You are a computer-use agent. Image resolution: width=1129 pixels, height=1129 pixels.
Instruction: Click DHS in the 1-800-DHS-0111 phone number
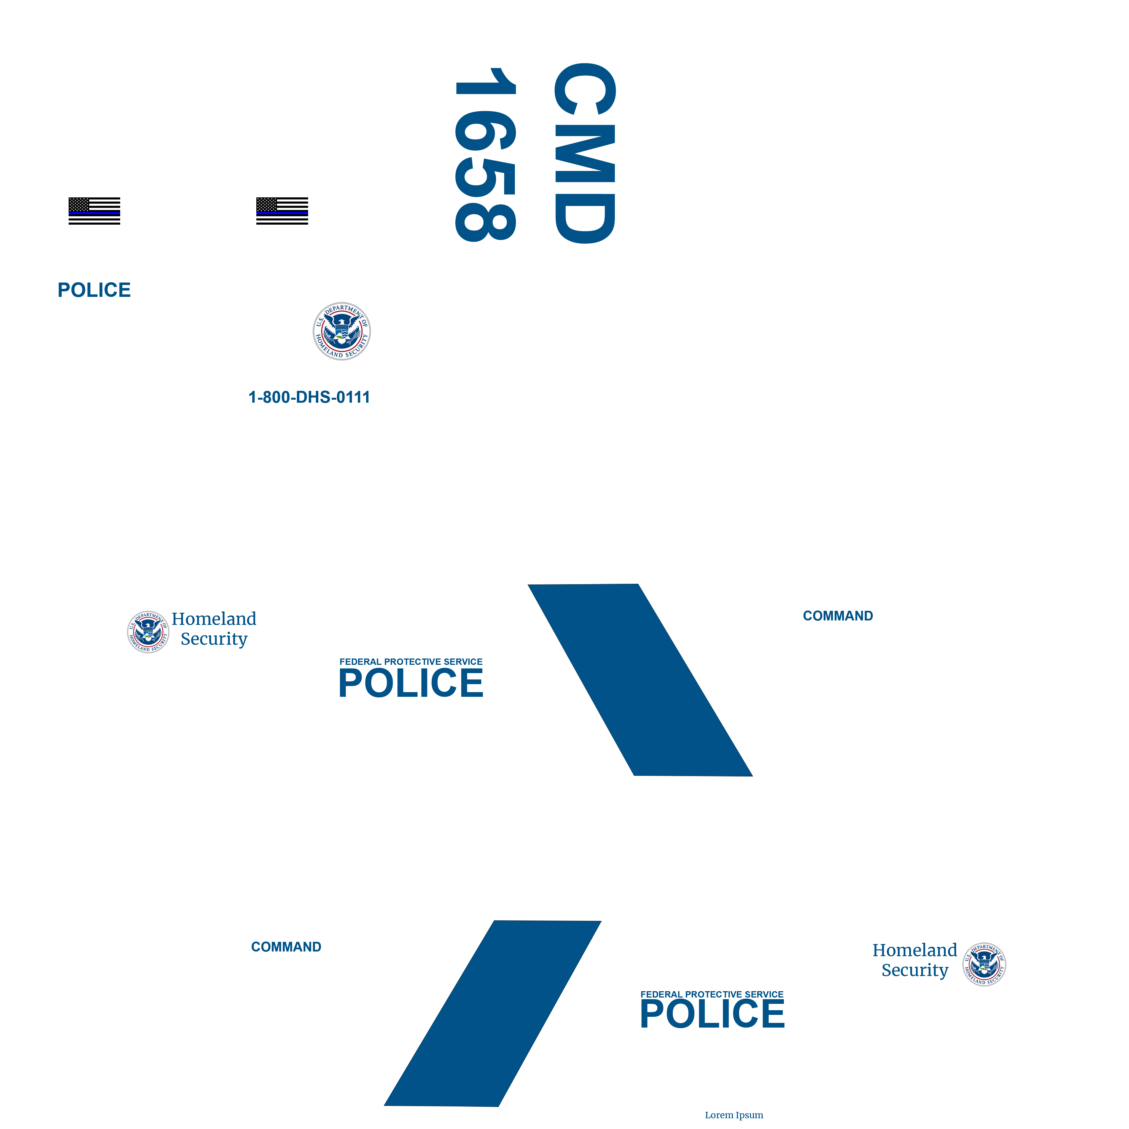316,397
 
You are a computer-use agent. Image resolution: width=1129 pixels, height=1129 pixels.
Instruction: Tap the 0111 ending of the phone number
354,397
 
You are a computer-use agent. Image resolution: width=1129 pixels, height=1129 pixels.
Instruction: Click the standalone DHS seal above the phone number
342,331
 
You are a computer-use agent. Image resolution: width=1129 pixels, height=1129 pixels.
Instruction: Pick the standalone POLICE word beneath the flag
94,290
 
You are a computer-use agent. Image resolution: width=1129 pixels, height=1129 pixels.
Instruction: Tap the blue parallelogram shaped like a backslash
640,680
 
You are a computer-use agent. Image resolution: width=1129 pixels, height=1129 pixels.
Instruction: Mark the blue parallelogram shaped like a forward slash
493,1013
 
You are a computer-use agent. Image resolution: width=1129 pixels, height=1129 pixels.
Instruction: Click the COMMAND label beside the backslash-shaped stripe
838,616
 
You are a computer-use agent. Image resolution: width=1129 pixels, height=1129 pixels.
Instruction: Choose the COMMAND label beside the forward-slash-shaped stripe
286,947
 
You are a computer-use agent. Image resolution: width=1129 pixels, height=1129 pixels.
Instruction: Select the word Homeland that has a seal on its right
915,950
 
